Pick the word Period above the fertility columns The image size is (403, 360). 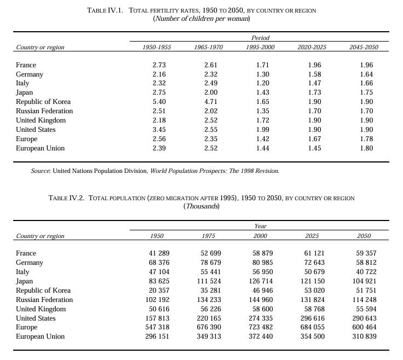pos(260,38)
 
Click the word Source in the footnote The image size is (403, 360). pos(41,171)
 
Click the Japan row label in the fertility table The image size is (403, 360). pos(25,92)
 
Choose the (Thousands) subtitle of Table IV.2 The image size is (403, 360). pos(201,206)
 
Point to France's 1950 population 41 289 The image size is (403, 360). pos(157,253)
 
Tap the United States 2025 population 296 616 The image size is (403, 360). pos(312,318)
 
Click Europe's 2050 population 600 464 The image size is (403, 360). pos(364,327)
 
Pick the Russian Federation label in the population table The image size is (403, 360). pos(44,299)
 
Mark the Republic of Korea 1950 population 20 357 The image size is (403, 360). pos(157,291)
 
